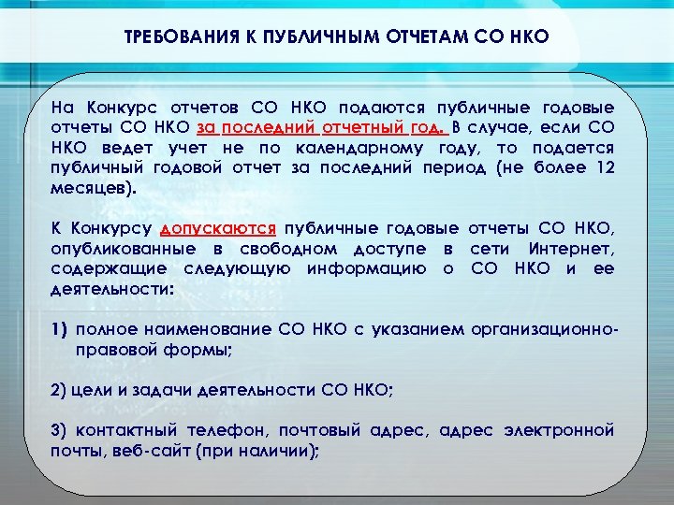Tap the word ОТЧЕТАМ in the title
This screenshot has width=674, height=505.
tap(431, 37)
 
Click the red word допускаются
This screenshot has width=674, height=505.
tap(218, 229)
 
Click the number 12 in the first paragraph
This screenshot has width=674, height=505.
tap(605, 167)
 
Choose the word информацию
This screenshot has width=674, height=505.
tap(372, 269)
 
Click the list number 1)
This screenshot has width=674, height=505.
tap(60, 330)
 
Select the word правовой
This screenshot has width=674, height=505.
tap(118, 351)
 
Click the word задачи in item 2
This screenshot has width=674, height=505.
tap(157, 391)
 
